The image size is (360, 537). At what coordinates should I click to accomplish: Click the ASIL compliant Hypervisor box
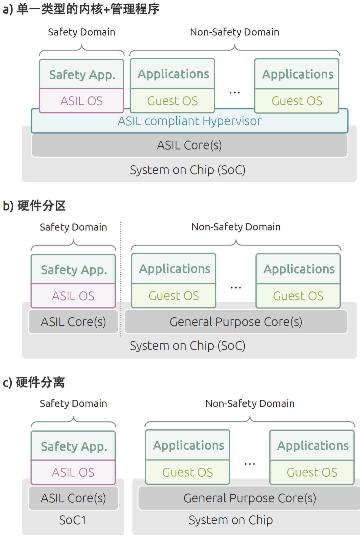[x=189, y=121]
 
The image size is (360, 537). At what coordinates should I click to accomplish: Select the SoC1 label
[x=73, y=520]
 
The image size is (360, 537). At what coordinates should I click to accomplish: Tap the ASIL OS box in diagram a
[x=82, y=101]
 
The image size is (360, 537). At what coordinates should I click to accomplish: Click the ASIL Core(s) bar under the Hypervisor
[x=189, y=145]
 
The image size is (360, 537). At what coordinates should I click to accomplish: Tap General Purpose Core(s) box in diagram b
[x=236, y=322]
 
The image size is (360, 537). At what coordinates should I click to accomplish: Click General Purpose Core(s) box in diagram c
[x=249, y=498]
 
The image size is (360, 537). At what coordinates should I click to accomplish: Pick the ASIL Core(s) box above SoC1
[x=73, y=498]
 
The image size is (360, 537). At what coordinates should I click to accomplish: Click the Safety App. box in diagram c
[x=73, y=446]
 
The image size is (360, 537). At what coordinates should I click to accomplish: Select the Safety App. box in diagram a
[x=82, y=74]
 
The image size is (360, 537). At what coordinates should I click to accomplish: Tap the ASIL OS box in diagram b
[x=73, y=296]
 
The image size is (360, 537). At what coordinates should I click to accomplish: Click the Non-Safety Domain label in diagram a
[x=235, y=32]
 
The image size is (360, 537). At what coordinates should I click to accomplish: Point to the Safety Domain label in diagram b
[x=73, y=227]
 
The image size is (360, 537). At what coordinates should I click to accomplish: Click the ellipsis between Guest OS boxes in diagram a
[x=235, y=93]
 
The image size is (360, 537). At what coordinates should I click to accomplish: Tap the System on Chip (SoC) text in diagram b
[x=188, y=346]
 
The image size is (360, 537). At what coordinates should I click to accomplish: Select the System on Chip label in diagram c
[x=231, y=520]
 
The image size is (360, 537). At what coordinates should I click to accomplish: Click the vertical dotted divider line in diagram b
[x=121, y=279]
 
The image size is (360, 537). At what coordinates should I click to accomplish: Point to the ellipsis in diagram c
[x=250, y=464]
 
